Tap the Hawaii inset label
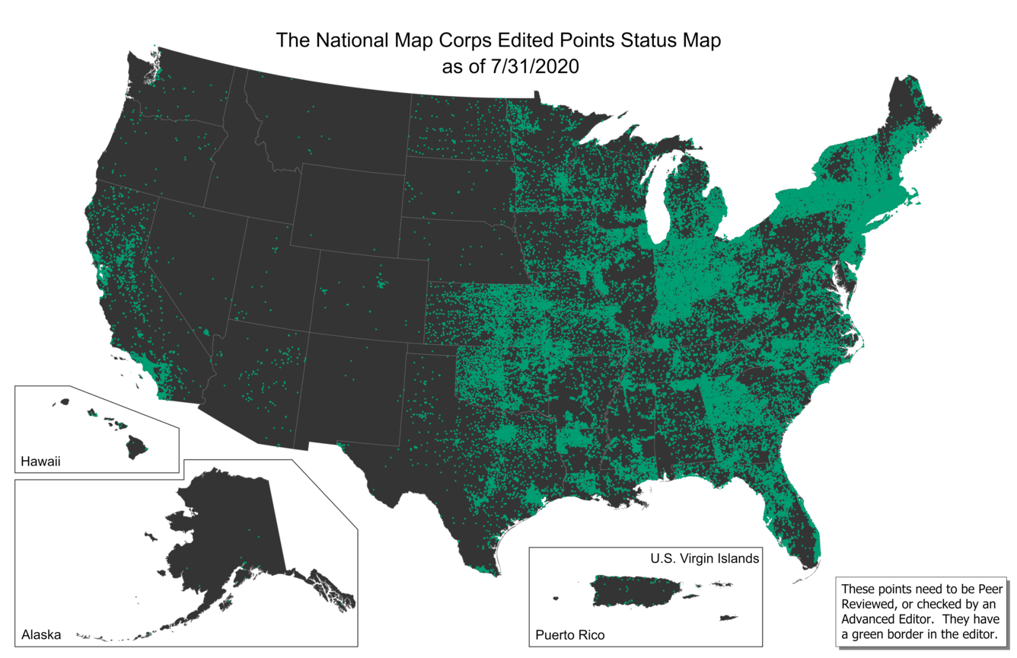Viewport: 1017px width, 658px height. coord(40,461)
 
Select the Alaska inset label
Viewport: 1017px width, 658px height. coord(41,634)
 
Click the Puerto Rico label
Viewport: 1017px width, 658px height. coord(570,634)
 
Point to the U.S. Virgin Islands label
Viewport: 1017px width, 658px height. coord(704,558)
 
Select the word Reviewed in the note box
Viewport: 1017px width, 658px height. coord(868,604)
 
